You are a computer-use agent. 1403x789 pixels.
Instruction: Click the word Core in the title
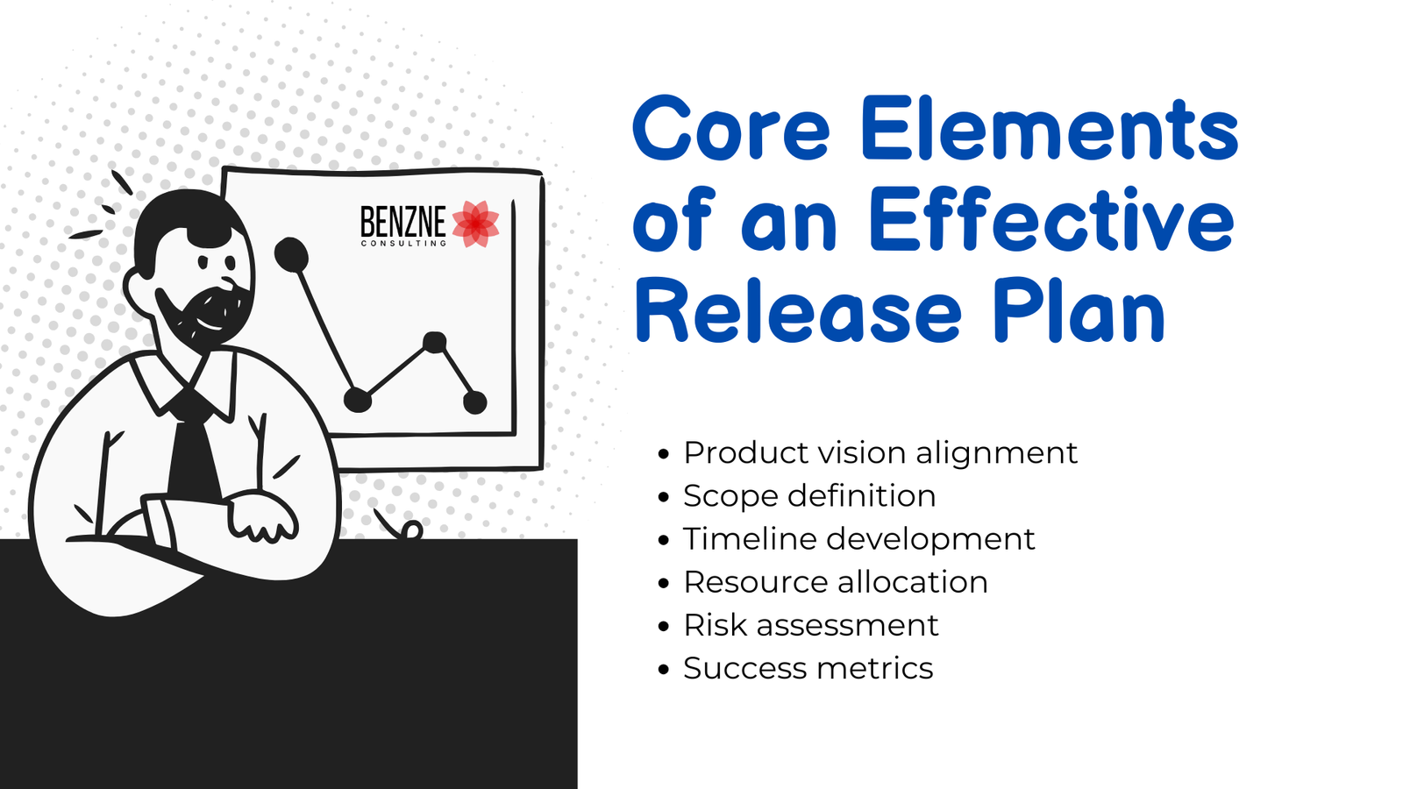click(x=731, y=128)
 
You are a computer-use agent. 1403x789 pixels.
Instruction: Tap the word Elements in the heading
click(x=1050, y=128)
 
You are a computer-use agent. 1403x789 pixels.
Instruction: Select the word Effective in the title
click(x=1052, y=220)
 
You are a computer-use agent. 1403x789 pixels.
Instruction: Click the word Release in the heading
click(x=798, y=310)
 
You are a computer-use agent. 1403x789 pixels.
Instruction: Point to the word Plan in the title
click(x=1079, y=310)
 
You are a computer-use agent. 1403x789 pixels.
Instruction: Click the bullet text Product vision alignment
click(x=880, y=452)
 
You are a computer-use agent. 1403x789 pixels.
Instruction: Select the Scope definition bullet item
click(x=809, y=496)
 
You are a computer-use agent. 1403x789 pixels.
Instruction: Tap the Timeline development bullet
click(x=858, y=539)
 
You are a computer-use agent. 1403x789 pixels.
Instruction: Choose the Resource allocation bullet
click(x=836, y=582)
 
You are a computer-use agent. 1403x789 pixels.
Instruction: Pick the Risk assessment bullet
click(x=810, y=625)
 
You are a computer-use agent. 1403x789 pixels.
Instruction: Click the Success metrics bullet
click(x=808, y=668)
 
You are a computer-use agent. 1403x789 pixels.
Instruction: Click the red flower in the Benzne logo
click(x=476, y=224)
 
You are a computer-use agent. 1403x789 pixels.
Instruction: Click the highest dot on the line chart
click(x=291, y=254)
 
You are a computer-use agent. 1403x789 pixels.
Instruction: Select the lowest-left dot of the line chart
click(x=358, y=400)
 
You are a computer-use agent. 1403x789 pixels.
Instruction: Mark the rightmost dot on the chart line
click(x=474, y=402)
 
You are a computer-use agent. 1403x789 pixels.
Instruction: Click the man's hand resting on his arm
click(x=260, y=515)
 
